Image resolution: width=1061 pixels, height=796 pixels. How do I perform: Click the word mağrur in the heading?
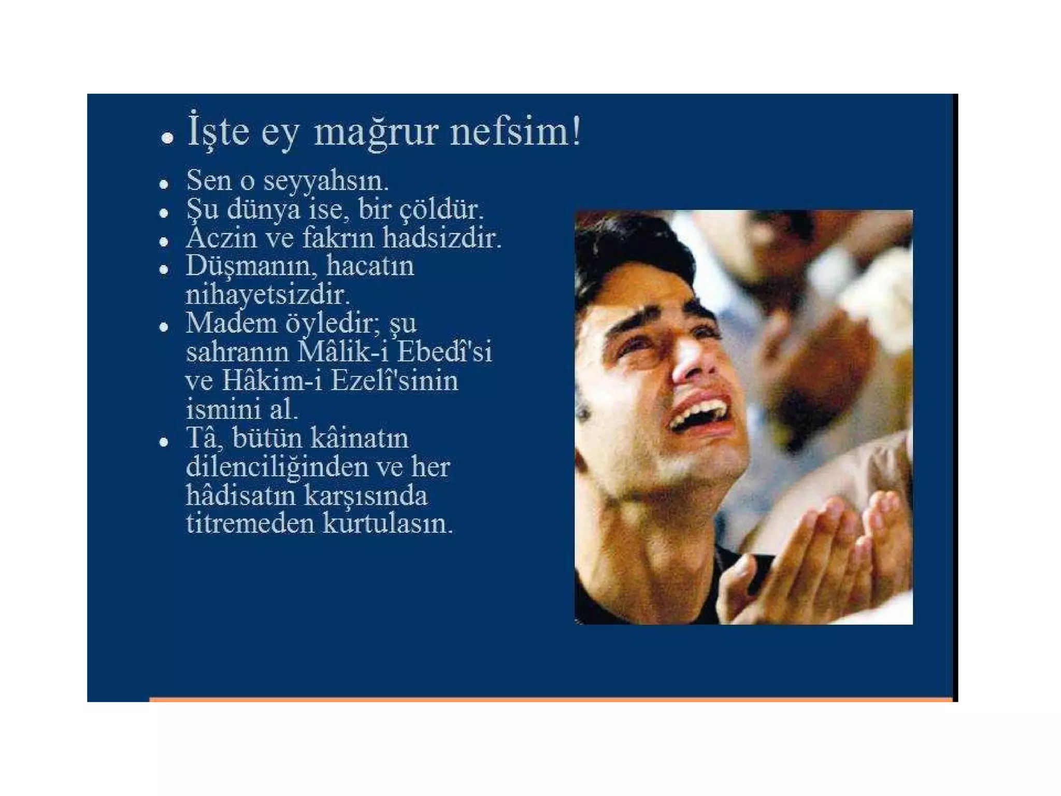click(376, 133)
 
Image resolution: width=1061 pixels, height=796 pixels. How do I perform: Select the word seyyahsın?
click(326, 181)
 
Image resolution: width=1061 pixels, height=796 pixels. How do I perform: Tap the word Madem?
click(231, 324)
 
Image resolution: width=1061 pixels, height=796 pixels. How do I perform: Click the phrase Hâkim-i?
click(271, 381)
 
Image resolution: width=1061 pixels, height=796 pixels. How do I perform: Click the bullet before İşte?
click(167, 138)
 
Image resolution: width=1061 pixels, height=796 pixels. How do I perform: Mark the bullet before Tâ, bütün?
click(164, 442)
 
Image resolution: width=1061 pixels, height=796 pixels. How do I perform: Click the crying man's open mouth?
click(699, 413)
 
